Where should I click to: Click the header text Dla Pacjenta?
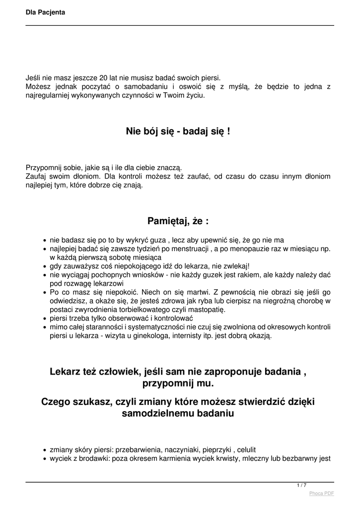(x=45, y=12)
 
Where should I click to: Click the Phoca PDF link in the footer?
(x=321, y=493)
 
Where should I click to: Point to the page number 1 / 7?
(x=301, y=485)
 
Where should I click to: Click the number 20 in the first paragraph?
(x=103, y=78)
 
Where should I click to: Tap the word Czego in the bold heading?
(x=56, y=401)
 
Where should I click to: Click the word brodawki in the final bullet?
(x=90, y=459)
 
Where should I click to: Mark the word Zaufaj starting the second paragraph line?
(x=37, y=176)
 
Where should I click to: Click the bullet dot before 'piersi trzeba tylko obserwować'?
(x=45, y=318)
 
